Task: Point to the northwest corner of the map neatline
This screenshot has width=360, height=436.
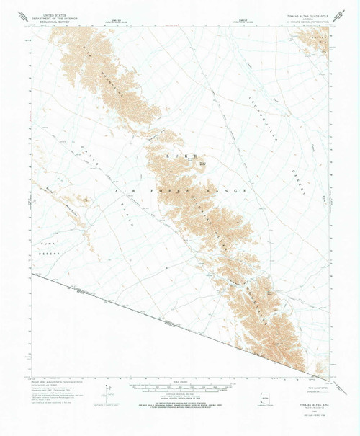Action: (x=31, y=27)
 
